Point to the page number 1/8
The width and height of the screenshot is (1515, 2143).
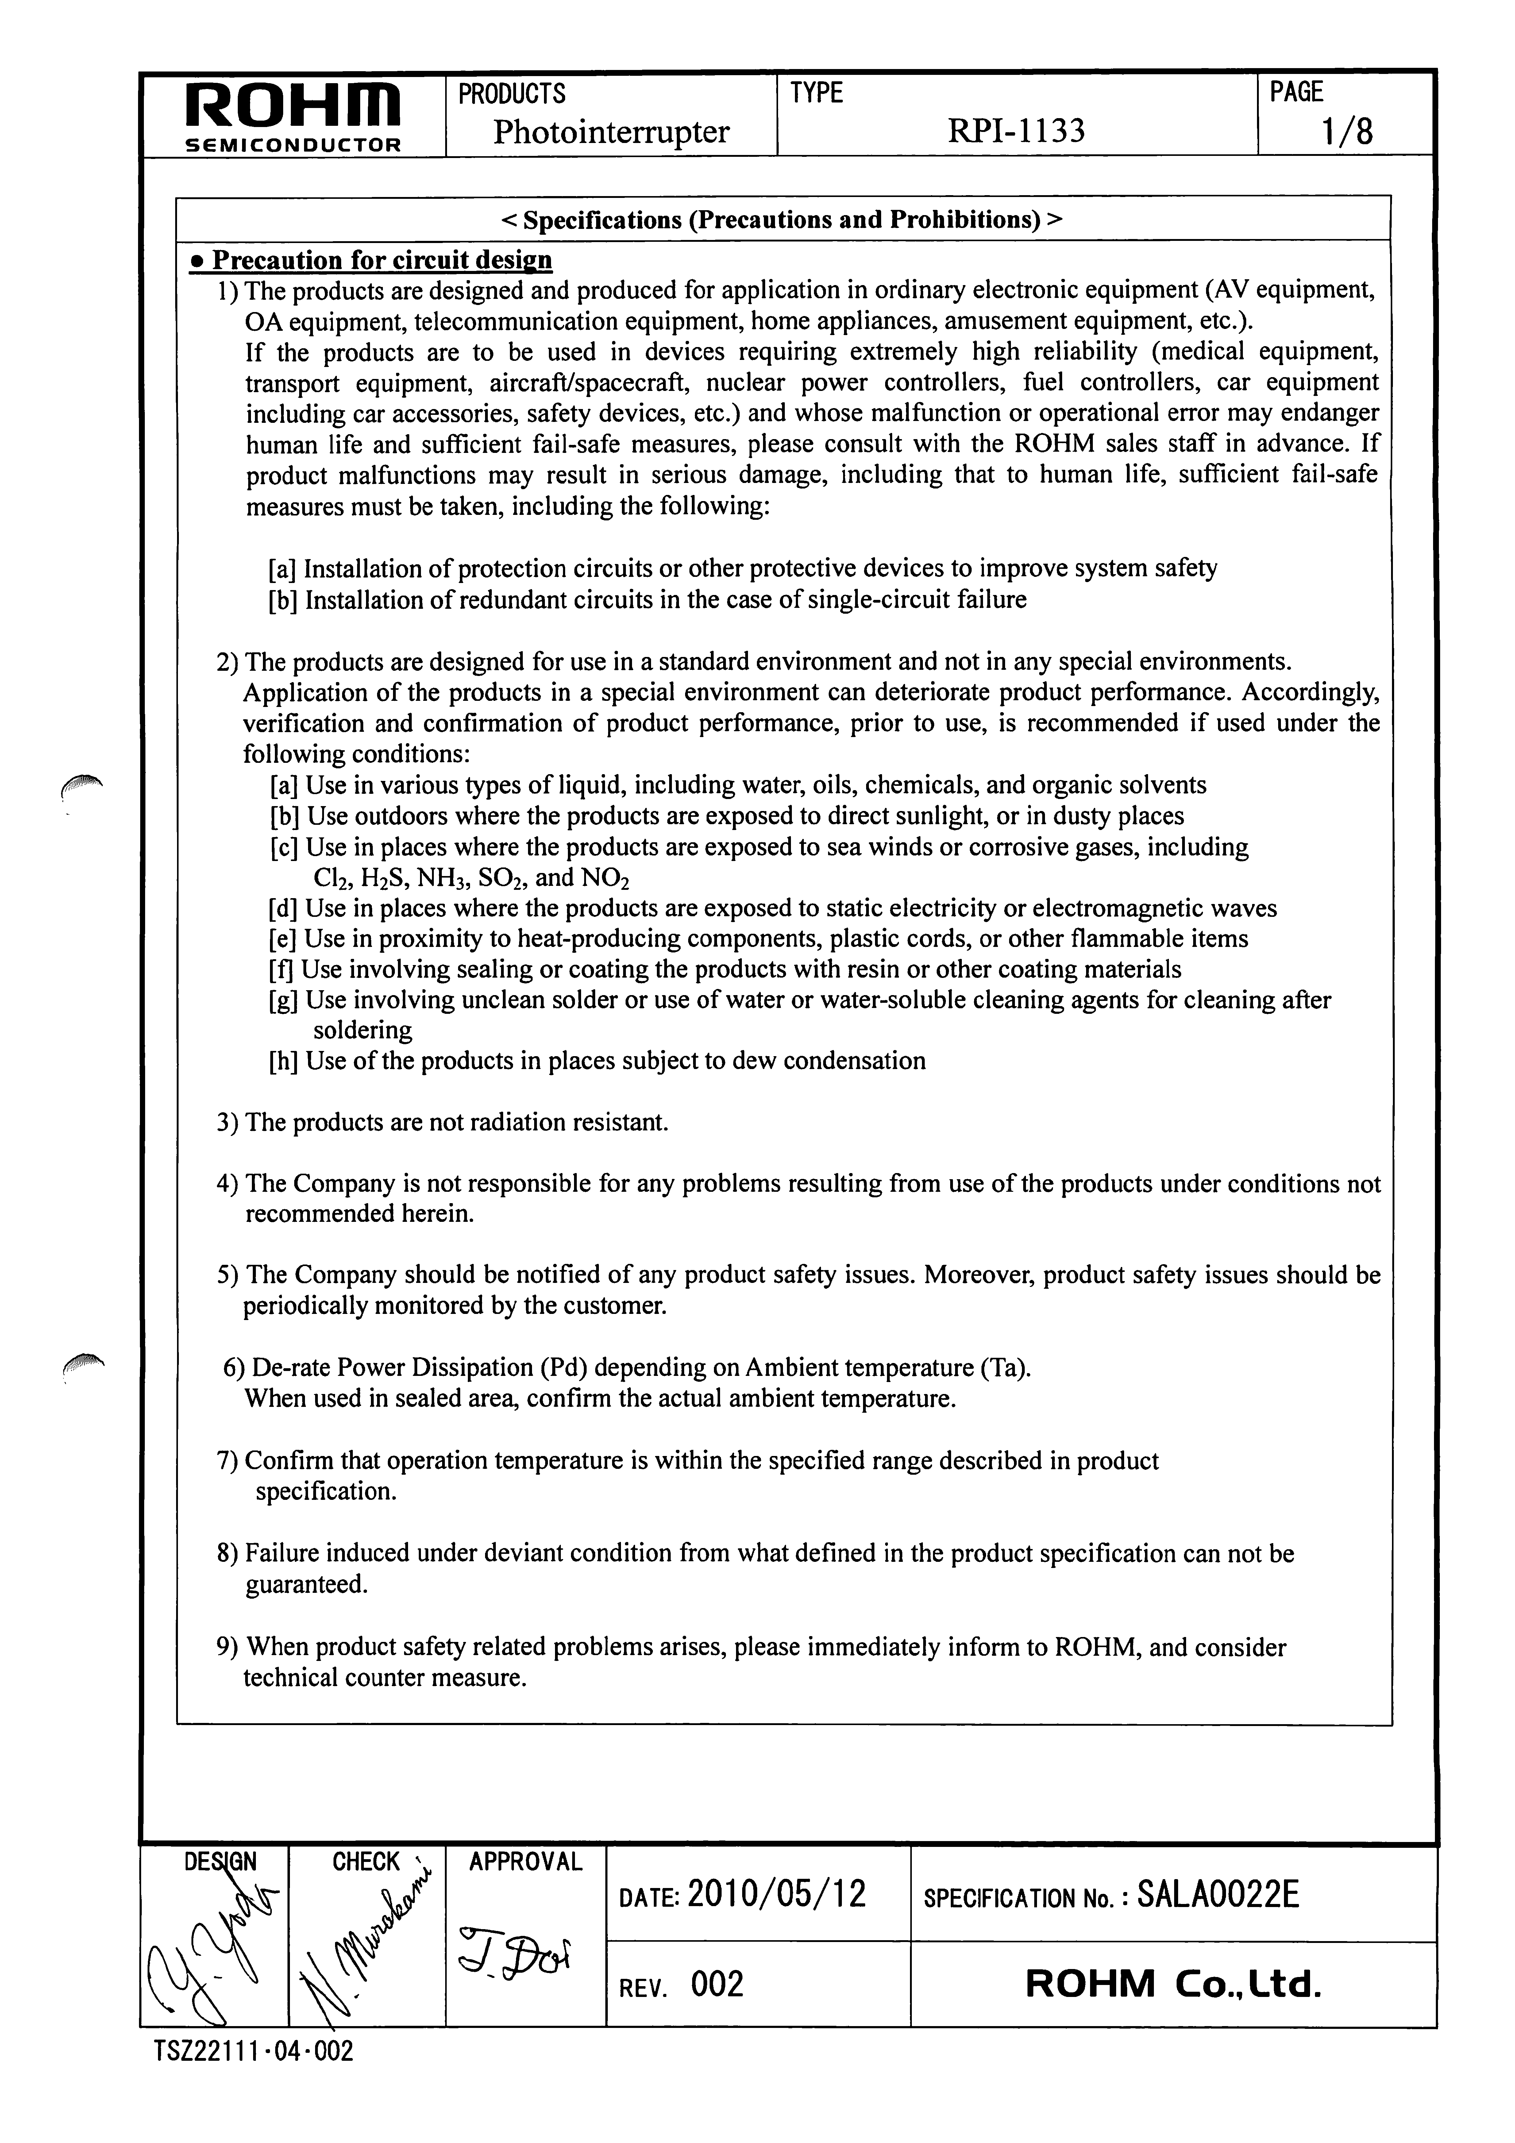(1347, 132)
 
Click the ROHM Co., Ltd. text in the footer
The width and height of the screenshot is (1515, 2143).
(1173, 1983)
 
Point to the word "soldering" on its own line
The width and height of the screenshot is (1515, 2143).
(362, 1030)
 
